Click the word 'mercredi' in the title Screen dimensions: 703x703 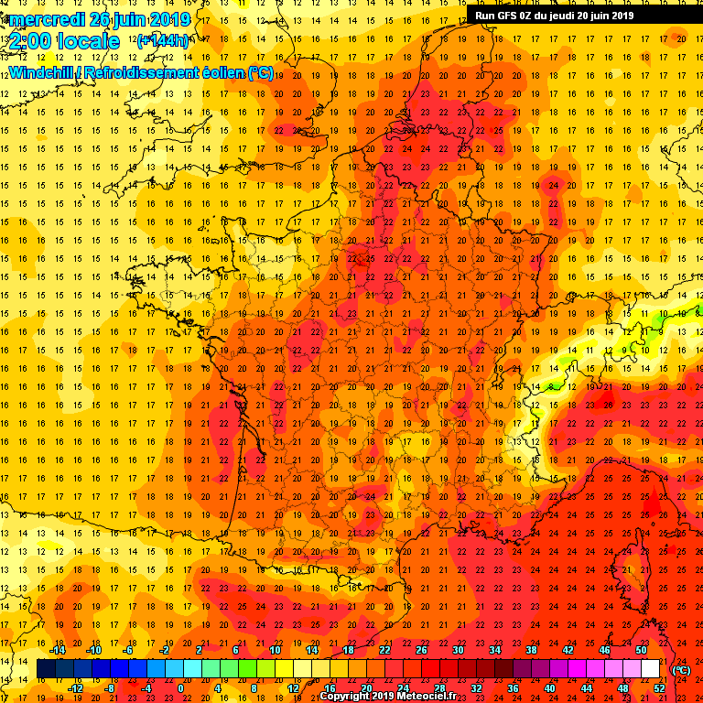(x=47, y=19)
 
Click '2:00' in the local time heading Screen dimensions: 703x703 (x=29, y=41)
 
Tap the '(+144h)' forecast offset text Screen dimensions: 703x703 (x=163, y=40)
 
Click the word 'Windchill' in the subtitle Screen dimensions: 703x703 (x=40, y=72)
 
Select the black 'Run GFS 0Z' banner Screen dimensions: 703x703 (x=555, y=15)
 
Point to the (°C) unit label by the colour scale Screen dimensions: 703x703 (x=680, y=670)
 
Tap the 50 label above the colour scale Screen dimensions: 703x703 (x=641, y=650)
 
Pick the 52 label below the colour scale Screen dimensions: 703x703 (x=659, y=688)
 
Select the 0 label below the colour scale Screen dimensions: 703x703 (x=181, y=688)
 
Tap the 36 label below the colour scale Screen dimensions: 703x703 (x=513, y=688)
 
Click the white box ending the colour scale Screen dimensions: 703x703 (x=650, y=669)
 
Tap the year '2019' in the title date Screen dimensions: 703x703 (x=171, y=19)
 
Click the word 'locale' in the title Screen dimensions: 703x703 (x=89, y=41)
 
